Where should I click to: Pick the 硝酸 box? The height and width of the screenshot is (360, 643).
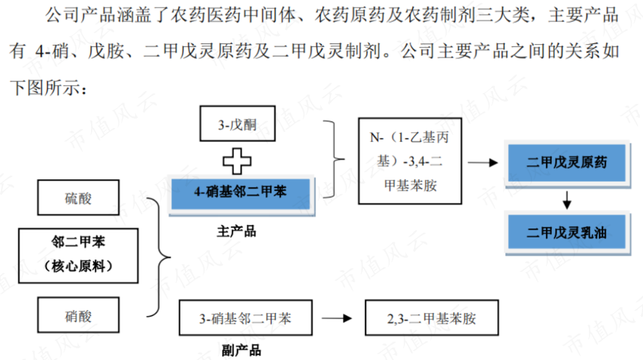pyautogui.click(x=78, y=316)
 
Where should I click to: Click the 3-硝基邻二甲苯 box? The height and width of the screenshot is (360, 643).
pyautogui.click(x=245, y=318)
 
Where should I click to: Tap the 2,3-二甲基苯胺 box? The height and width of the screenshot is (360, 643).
pyautogui.click(x=431, y=318)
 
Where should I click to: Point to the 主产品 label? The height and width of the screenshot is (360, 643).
pyautogui.click(x=236, y=231)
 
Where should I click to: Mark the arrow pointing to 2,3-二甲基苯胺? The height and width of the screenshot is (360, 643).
pyautogui.click(x=338, y=318)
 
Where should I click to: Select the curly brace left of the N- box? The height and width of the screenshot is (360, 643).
pyautogui.click(x=333, y=159)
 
